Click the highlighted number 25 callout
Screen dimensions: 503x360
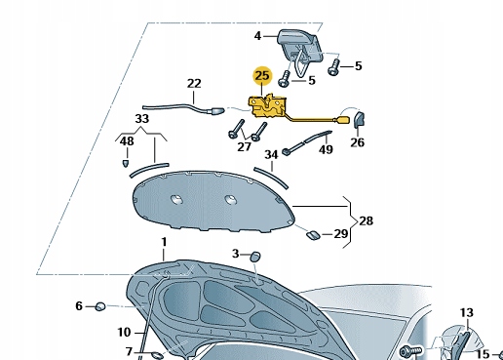point(262,76)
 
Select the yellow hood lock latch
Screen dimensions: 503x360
point(267,106)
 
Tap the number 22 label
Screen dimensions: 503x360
point(194,84)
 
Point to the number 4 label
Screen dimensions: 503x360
point(257,36)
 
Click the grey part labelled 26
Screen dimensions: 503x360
point(359,119)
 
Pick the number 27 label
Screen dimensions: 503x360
point(245,147)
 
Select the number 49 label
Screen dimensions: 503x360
point(326,149)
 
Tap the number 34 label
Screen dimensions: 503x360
point(271,155)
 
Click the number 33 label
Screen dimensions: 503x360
point(142,119)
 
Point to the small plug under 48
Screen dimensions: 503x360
point(126,163)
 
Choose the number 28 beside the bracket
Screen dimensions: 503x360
point(367,220)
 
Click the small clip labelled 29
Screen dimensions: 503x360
point(313,235)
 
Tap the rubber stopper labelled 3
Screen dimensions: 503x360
point(255,257)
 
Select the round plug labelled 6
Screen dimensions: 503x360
point(100,306)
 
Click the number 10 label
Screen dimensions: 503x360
point(124,333)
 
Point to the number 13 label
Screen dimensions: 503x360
point(467,313)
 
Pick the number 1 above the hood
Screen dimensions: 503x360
point(164,242)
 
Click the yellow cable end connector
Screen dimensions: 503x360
point(344,120)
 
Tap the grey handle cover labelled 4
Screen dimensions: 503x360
point(299,46)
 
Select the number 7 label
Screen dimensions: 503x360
point(130,351)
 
